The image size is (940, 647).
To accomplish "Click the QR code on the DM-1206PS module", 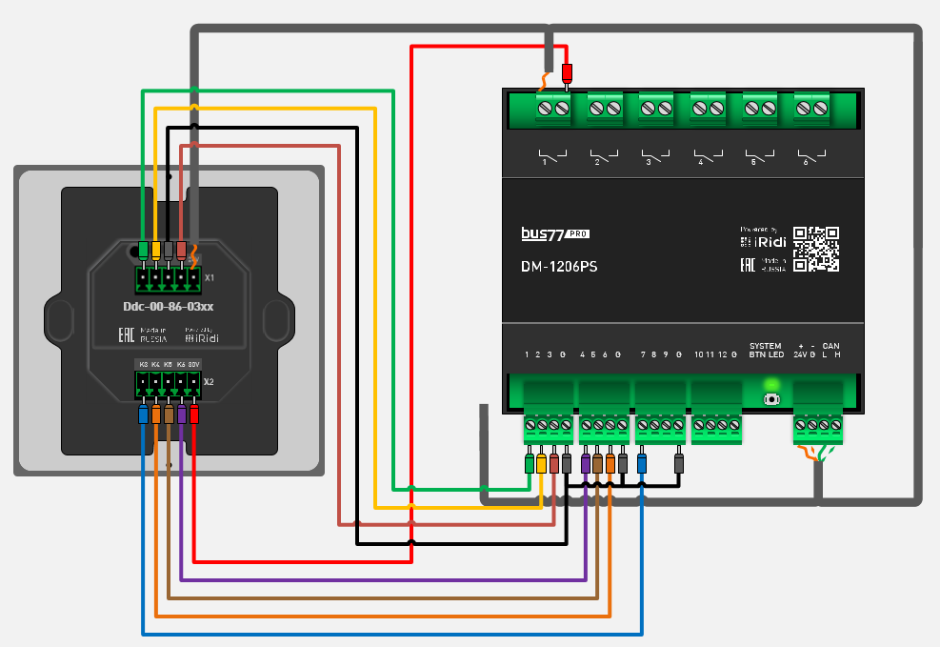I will (x=816, y=249).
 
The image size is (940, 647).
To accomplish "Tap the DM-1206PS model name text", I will (x=559, y=268).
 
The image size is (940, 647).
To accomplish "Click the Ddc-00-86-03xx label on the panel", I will (x=169, y=307).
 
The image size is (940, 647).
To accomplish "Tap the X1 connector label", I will (x=210, y=278).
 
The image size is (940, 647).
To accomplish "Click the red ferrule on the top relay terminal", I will (x=568, y=74).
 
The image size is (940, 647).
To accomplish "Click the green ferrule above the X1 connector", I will (x=143, y=250).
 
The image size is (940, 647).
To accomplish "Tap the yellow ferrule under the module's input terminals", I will (x=542, y=464).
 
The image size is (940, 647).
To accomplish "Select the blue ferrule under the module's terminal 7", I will (x=642, y=464).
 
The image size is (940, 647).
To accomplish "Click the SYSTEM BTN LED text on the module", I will (x=766, y=350).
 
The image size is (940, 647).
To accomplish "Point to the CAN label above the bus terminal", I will (x=830, y=345).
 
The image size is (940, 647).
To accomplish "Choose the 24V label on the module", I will (x=801, y=354).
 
